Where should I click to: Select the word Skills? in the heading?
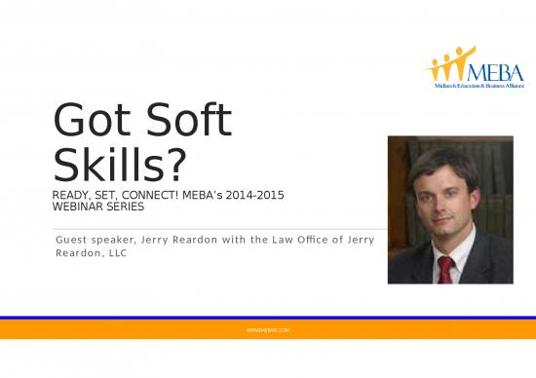pyautogui.click(x=119, y=168)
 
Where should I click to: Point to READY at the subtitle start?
pyautogui.click(x=70, y=198)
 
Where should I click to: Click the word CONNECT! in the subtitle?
pyautogui.click(x=148, y=198)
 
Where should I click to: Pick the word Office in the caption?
pyautogui.click(x=313, y=240)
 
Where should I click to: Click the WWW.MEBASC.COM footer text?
pyautogui.click(x=268, y=331)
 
